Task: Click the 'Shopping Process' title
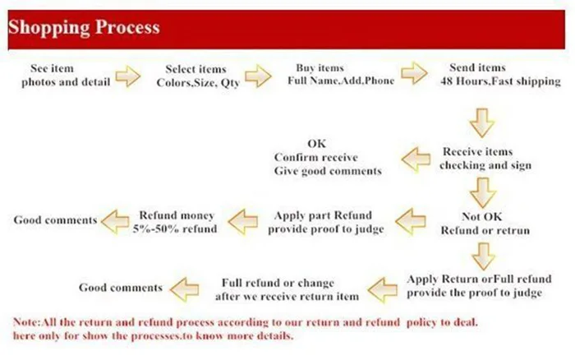84,27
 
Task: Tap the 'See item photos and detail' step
66,75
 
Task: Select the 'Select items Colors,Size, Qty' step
198,76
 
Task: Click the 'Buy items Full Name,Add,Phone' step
341,74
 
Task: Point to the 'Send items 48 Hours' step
500,74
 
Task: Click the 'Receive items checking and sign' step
485,158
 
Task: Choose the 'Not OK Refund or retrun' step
485,223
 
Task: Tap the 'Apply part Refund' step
325,222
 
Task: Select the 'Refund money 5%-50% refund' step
175,222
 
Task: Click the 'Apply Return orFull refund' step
479,285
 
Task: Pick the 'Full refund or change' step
287,289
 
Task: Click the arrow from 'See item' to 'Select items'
127,76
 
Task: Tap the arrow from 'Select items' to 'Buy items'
258,76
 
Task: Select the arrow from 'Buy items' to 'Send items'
414,73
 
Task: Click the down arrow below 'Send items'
482,123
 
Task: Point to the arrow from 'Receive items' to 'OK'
416,159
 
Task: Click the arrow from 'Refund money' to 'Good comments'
115,221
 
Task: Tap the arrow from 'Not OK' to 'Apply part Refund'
411,221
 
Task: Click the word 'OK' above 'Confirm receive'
317,143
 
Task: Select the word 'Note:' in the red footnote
27,322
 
